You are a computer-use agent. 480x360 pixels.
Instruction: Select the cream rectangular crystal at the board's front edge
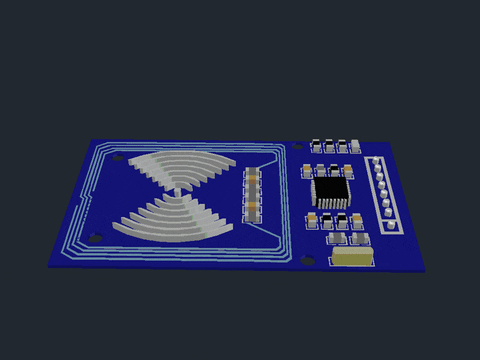(350, 257)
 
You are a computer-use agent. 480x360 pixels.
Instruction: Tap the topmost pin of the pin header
(375, 163)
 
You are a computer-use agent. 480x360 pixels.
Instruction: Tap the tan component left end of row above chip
(306, 171)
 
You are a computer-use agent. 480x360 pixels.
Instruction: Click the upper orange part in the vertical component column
(252, 178)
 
